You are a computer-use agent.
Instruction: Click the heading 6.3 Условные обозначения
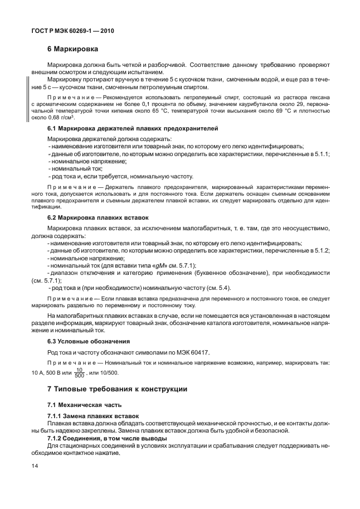(x=82, y=340)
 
